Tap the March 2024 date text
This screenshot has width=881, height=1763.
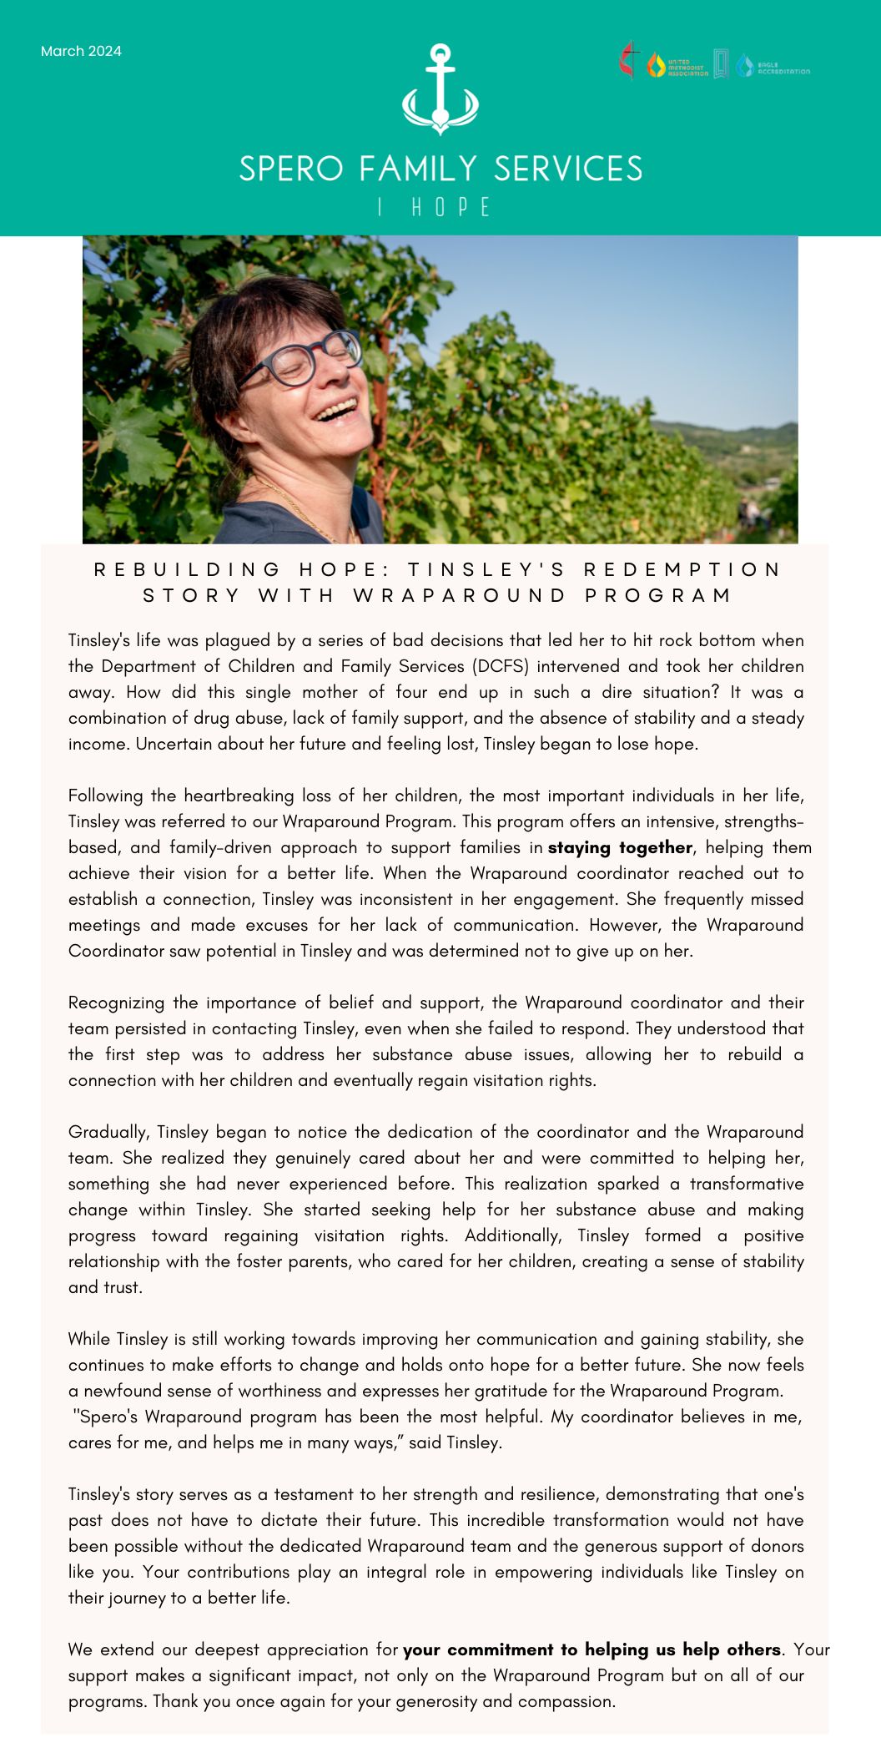pyautogui.click(x=81, y=52)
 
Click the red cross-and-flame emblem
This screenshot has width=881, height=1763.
pyautogui.click(x=629, y=61)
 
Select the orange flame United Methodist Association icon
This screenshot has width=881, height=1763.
pyautogui.click(x=656, y=66)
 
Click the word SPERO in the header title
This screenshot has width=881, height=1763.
pyautogui.click(x=291, y=169)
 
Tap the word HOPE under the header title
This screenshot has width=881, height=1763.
pyautogui.click(x=451, y=208)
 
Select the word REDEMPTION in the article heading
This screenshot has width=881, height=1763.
pyautogui.click(x=682, y=570)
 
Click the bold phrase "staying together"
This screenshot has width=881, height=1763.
pyautogui.click(x=620, y=848)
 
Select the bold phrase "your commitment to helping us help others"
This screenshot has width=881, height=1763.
pyautogui.click(x=592, y=1649)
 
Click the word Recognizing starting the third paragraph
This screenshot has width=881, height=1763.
pyautogui.click(x=116, y=1003)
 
